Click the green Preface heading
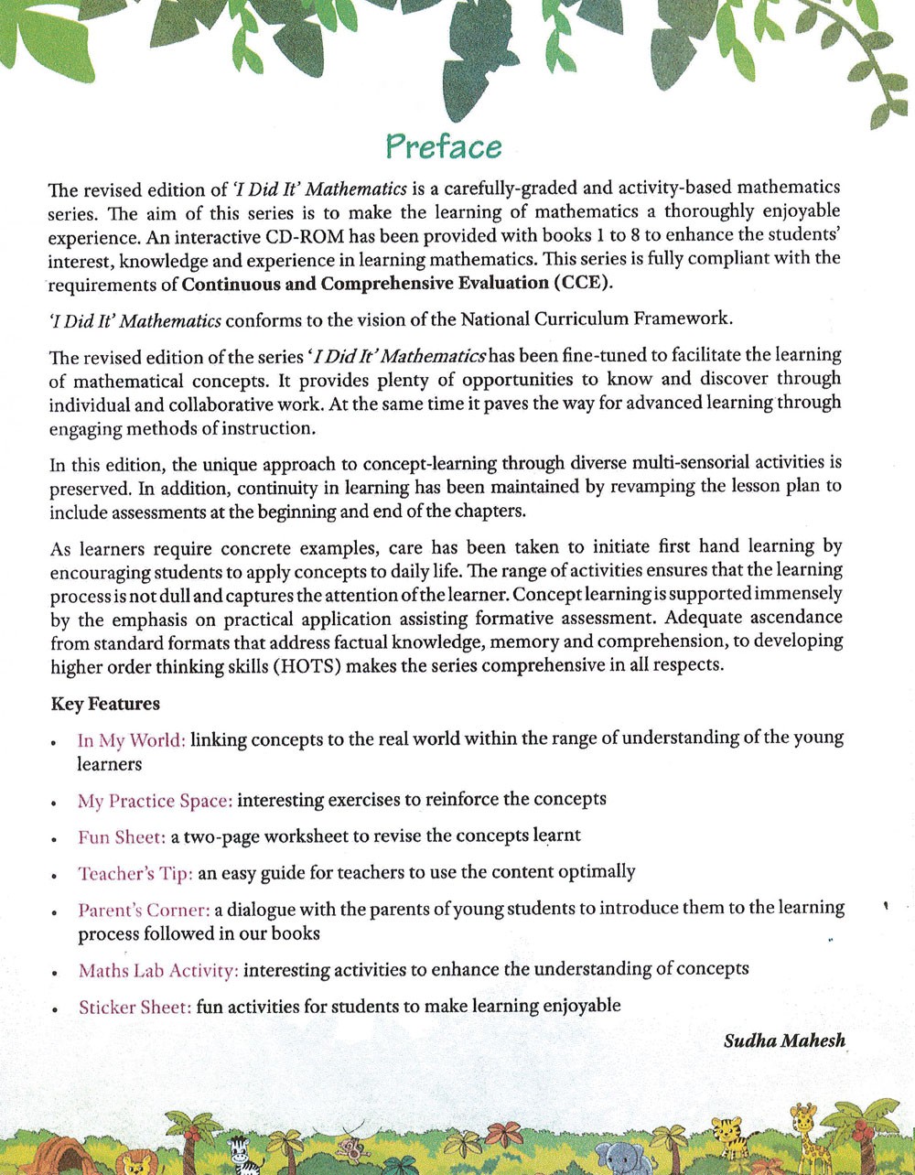point(444,146)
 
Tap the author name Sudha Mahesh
point(784,1040)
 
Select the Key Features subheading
point(105,704)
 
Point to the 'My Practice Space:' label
point(155,800)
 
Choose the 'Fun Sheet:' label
point(122,836)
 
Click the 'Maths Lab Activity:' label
point(158,970)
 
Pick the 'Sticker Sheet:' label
point(135,1007)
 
